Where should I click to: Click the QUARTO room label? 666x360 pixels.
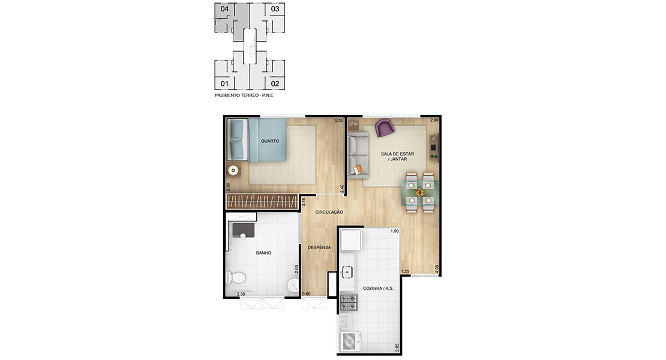coord(270,141)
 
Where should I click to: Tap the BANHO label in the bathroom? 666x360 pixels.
coord(263,253)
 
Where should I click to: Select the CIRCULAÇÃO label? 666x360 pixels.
coord(329,212)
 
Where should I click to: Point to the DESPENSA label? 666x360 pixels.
coord(319,247)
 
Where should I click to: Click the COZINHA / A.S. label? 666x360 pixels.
coord(378,289)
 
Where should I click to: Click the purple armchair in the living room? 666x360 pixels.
coord(385,128)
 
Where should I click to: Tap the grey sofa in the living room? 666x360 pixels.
coord(358,155)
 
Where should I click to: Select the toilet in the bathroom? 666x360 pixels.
coord(236,278)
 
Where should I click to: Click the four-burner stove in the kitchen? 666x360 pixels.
coord(349,302)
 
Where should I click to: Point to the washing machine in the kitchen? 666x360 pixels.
coord(350,341)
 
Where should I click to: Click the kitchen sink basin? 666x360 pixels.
coord(347,272)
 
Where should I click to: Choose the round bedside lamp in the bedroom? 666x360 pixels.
coord(233,170)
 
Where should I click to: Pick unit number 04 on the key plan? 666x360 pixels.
coord(224,9)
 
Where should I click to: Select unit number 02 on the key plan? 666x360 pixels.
coord(275,83)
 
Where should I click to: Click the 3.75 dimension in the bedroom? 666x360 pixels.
coord(338,121)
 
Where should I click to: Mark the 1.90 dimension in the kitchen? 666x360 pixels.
coord(395,232)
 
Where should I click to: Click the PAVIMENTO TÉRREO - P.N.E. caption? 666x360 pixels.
coord(245,95)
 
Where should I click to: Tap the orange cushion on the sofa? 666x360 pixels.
coord(358,169)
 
